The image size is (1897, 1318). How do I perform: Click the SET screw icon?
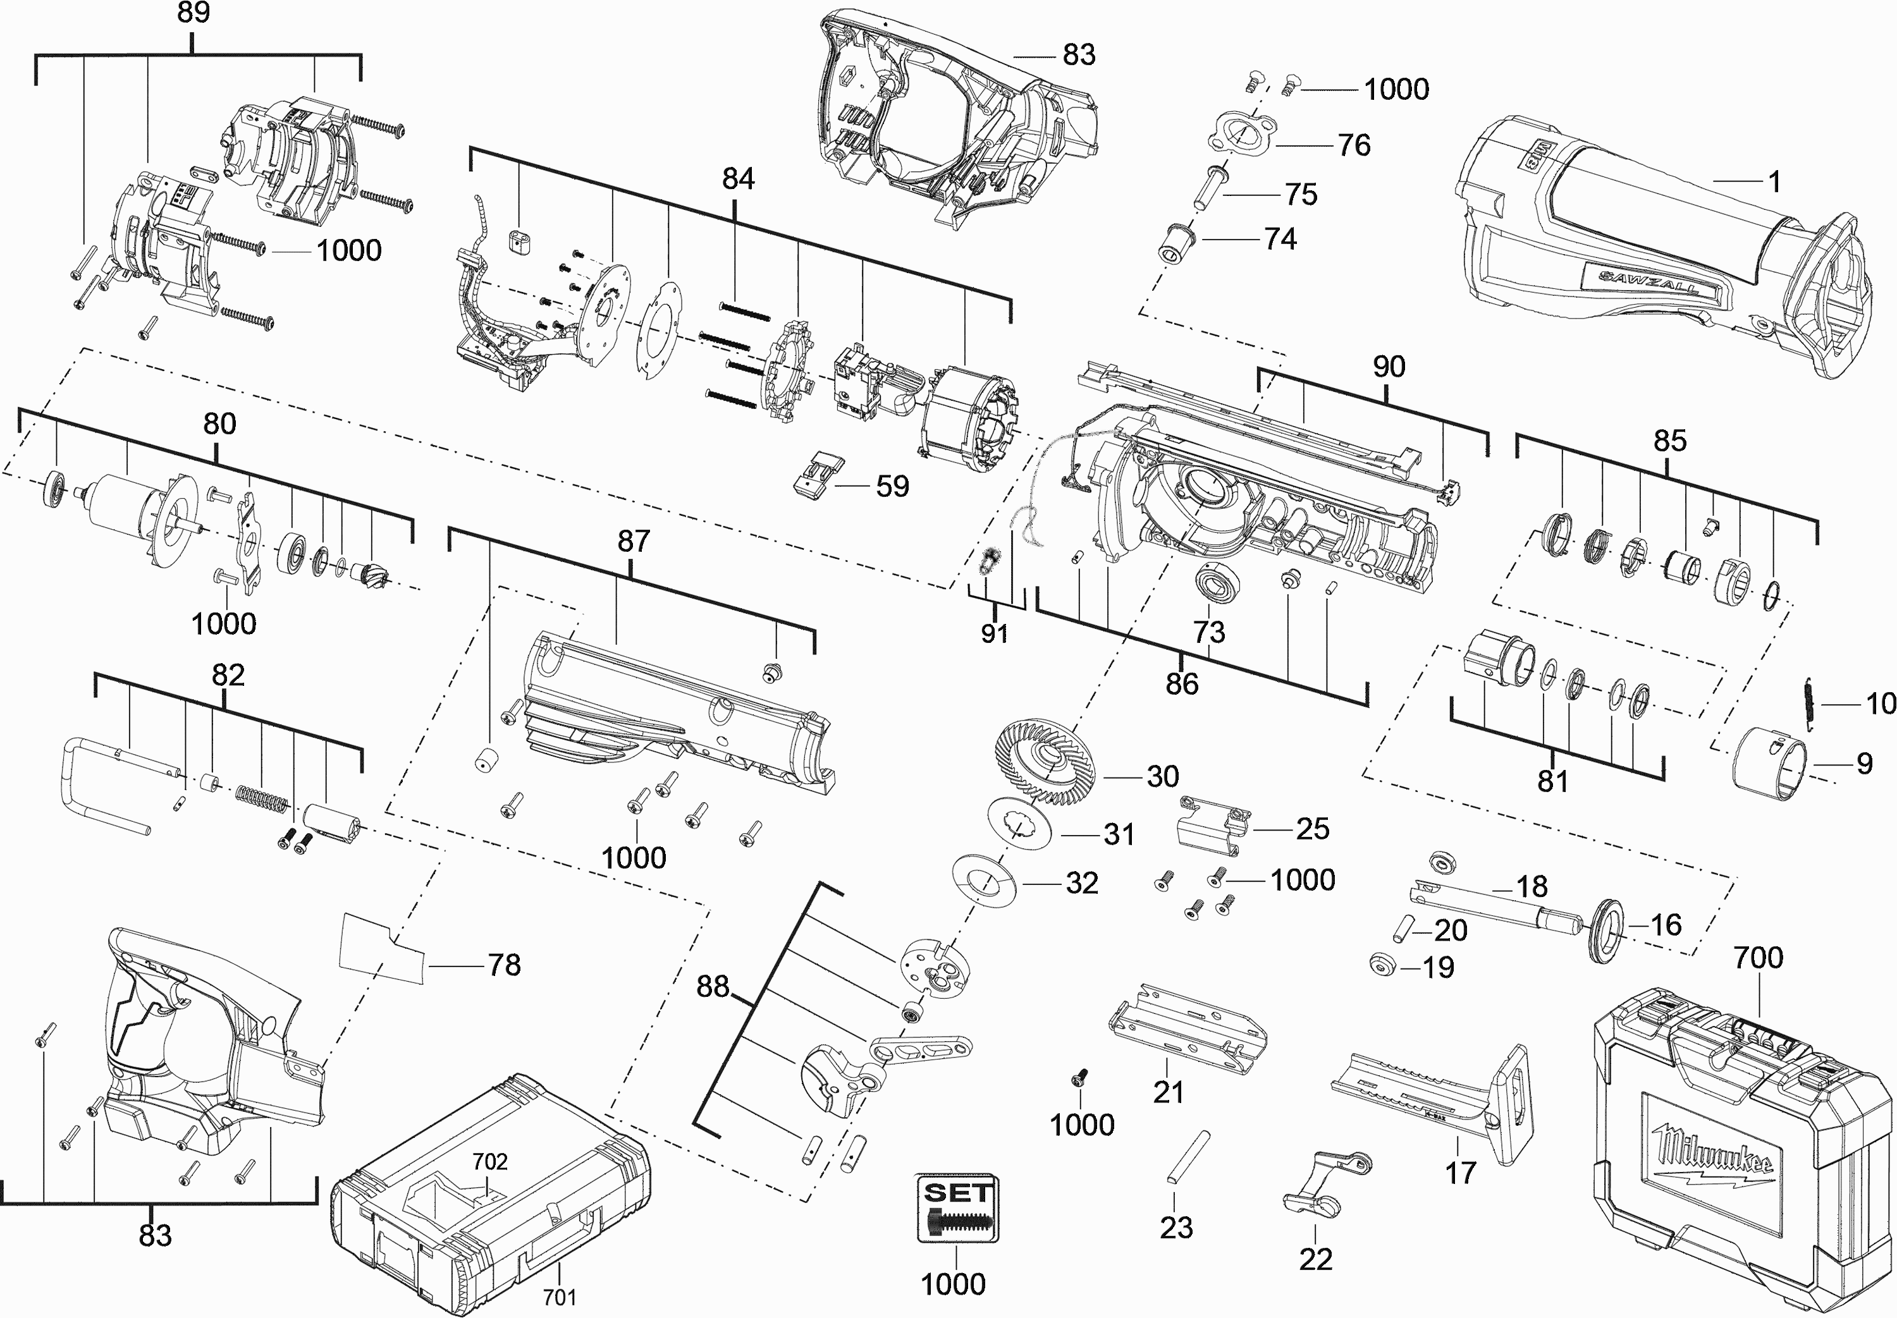pos(957,1207)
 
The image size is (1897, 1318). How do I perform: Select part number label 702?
pos(489,1161)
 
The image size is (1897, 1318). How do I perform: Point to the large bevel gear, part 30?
pos(1047,760)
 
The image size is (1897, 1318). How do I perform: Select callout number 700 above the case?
pos(1759,957)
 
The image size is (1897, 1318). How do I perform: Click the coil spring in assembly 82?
pos(262,797)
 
